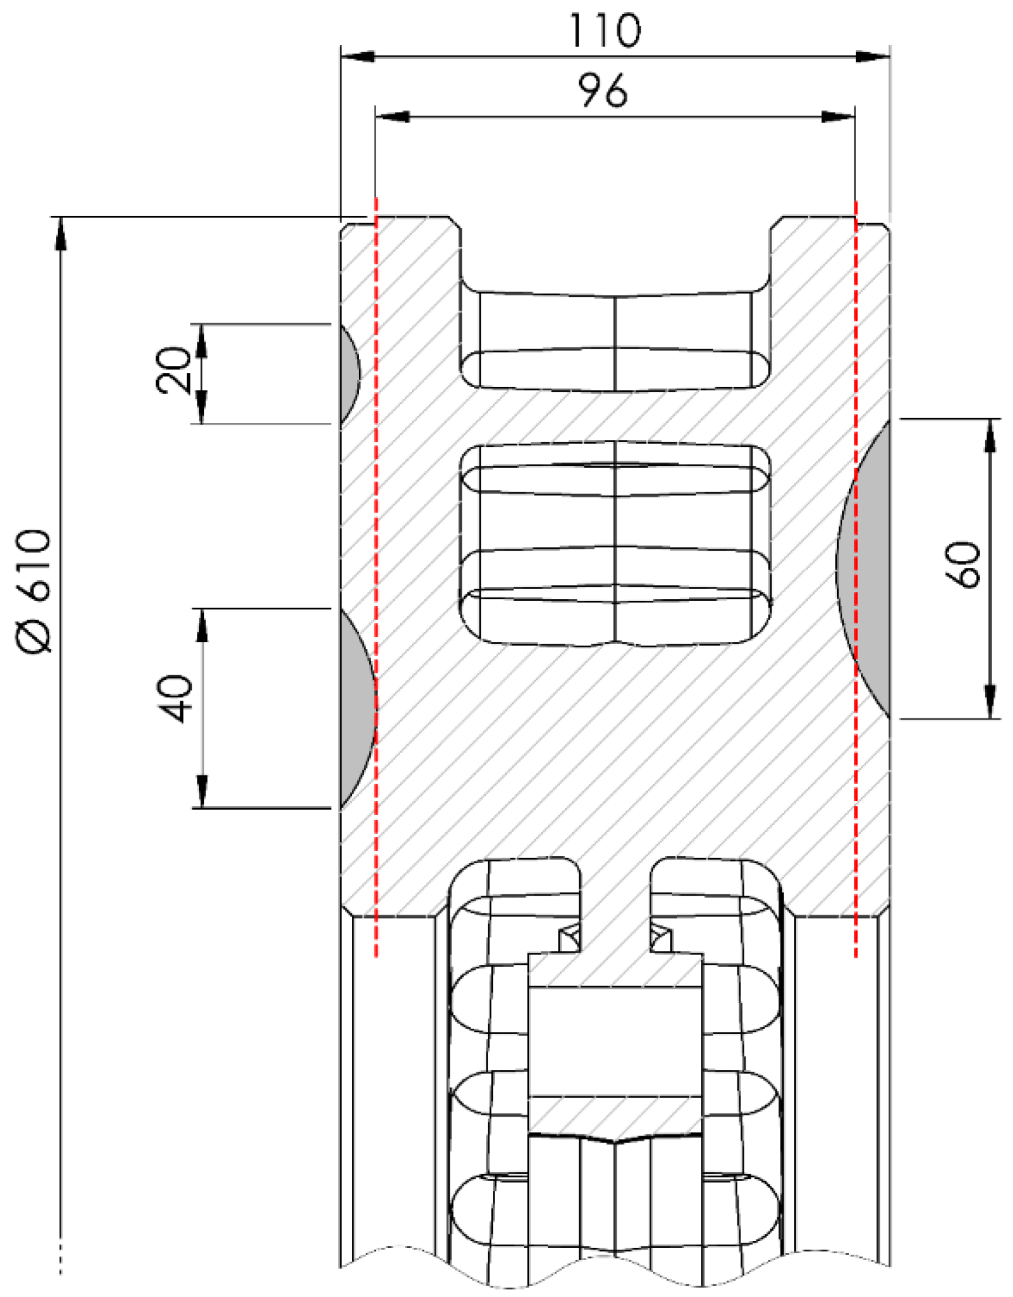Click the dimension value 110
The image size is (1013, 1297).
[x=605, y=30]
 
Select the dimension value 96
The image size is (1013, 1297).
[x=602, y=91]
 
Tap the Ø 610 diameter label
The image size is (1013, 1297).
[x=33, y=591]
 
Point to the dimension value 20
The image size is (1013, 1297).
[x=173, y=371]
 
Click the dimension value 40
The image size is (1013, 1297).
[x=173, y=699]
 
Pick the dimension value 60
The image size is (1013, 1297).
[x=963, y=565]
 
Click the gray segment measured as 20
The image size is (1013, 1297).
[x=349, y=373]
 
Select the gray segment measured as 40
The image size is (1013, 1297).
[x=357, y=708]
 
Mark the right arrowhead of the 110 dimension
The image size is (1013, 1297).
[x=873, y=57]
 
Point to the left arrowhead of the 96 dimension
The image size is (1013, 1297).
[x=391, y=117]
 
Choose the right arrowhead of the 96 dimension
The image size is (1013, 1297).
[x=839, y=117]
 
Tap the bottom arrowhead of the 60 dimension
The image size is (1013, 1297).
[x=990, y=702]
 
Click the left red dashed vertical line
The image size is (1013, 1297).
[x=376, y=572]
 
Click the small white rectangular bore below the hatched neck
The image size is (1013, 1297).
[x=615, y=1041]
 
